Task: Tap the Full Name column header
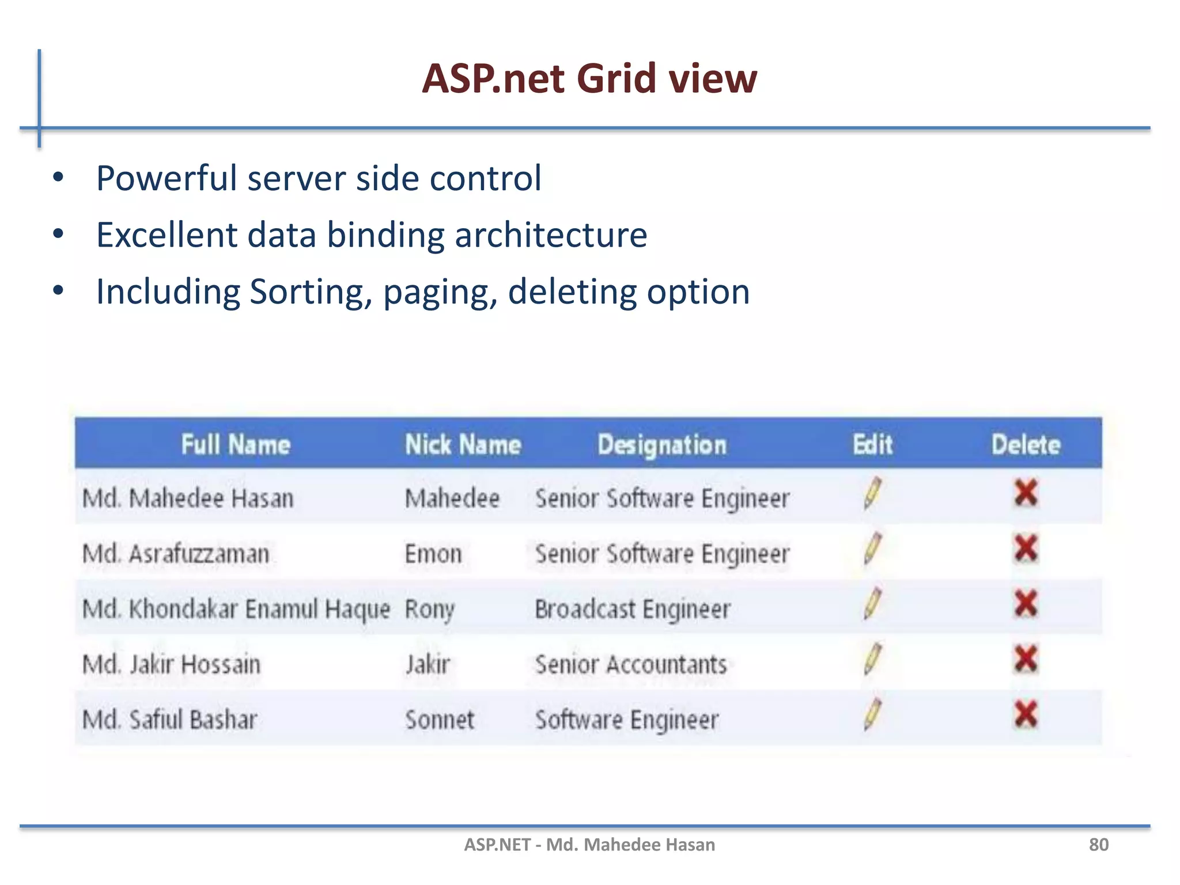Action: coord(236,445)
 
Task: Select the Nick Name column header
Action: coord(463,445)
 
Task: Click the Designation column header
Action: coord(662,445)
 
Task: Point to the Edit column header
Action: coord(872,445)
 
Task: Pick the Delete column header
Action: coord(1026,445)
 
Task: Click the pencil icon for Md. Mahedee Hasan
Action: coord(872,493)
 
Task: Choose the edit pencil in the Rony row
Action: coord(872,603)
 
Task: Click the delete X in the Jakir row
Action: coord(1026,659)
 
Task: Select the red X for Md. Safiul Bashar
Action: coord(1026,714)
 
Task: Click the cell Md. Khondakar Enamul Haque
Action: coord(236,609)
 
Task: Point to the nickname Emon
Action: coord(433,554)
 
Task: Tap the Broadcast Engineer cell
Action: coord(632,609)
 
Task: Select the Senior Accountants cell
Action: coord(631,664)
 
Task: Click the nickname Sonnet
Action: coord(440,720)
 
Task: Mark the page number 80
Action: coord(1098,845)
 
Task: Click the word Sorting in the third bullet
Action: coord(311,292)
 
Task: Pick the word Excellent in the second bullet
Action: coord(167,235)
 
